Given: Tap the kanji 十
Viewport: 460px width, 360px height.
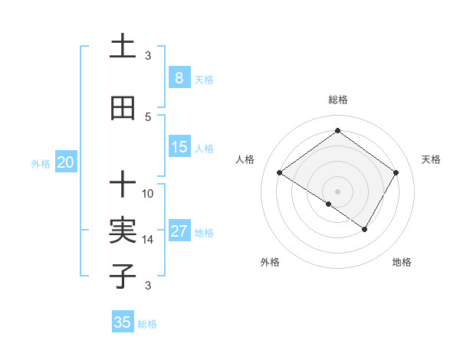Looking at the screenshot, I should [x=123, y=185].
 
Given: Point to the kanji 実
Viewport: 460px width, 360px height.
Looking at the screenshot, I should [x=123, y=230].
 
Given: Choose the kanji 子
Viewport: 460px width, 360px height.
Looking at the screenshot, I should [x=123, y=275].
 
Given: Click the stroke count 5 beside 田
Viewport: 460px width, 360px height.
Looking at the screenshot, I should [x=148, y=116].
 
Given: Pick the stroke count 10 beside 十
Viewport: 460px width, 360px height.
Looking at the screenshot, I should [x=148, y=193].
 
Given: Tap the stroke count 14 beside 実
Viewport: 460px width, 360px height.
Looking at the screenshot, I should [x=148, y=239].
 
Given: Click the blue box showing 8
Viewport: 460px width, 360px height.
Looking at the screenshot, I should [x=179, y=78].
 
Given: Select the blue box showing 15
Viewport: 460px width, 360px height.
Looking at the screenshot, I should [x=179, y=147].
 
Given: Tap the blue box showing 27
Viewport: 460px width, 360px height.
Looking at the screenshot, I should [x=179, y=231].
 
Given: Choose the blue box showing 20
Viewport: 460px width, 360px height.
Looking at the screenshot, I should [x=66, y=162].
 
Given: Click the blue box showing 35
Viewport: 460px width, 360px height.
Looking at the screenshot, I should [x=123, y=322].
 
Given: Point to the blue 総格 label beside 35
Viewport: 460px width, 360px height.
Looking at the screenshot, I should [x=148, y=324].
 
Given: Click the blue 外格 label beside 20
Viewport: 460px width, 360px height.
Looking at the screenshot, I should [x=41, y=163].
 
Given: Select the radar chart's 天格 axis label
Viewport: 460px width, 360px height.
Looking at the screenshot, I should [x=431, y=159].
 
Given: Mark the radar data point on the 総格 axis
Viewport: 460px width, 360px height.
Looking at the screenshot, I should [x=337, y=130].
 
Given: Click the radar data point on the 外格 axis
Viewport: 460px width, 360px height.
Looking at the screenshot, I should [x=329, y=204].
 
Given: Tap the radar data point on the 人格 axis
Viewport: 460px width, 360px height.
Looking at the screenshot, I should [x=280, y=173].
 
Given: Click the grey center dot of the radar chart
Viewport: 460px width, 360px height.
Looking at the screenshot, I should [x=337, y=191].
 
